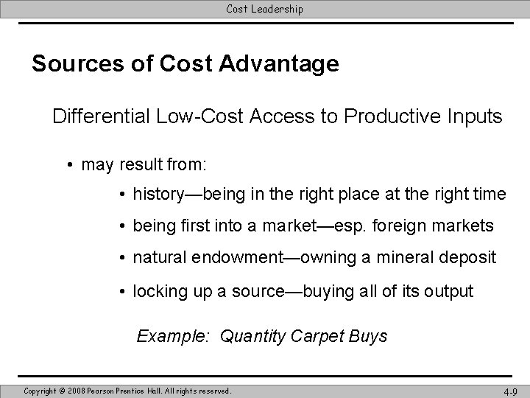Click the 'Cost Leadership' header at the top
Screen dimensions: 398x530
(264, 9)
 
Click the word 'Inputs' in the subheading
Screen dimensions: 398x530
(478, 116)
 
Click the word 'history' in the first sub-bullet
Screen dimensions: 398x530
(157, 195)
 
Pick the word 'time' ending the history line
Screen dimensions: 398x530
(489, 195)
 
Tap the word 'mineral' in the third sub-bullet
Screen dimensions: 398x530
(405, 258)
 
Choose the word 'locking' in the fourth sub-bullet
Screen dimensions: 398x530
(158, 291)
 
